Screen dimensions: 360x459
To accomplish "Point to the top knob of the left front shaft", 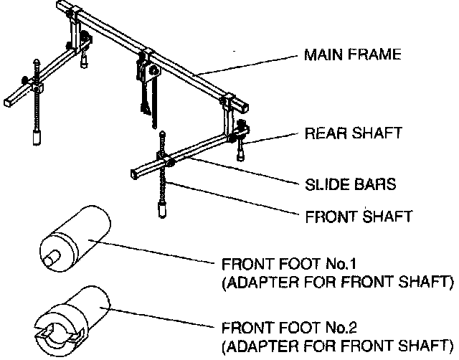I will (35, 63).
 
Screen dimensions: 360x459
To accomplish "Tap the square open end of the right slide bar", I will (136, 173).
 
